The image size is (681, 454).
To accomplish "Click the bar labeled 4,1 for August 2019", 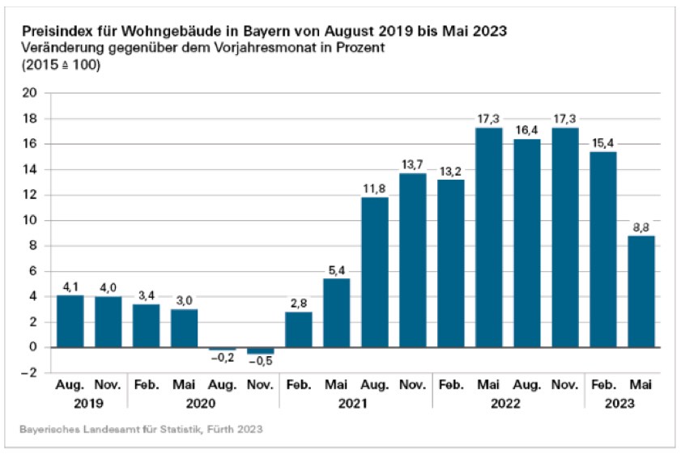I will click(x=70, y=320).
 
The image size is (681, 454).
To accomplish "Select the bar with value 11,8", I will click(x=375, y=272).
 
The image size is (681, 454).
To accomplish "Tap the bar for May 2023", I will click(x=641, y=291).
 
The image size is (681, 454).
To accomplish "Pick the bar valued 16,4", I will click(x=527, y=243).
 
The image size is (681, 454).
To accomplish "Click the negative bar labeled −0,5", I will click(x=261, y=350).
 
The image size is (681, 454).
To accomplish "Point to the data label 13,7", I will click(x=413, y=165).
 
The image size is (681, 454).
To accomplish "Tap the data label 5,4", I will click(x=337, y=270).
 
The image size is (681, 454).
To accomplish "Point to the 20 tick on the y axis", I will click(x=30, y=93).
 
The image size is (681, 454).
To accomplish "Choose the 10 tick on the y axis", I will click(x=30, y=220).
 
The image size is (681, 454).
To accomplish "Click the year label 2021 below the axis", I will click(x=355, y=402).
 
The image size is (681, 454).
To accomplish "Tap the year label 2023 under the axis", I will click(x=622, y=402).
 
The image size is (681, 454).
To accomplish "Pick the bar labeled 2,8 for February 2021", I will click(x=299, y=329).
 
